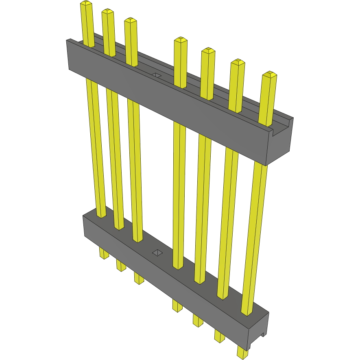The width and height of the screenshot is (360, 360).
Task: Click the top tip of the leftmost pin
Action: (x=86, y=4)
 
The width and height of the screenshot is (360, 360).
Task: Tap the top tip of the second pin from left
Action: (x=107, y=12)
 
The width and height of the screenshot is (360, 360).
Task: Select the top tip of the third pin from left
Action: (x=130, y=21)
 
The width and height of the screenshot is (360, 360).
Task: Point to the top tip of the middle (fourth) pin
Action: (x=180, y=40)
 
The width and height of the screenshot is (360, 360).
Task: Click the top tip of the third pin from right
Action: (x=208, y=51)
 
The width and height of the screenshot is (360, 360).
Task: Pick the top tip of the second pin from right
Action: (x=238, y=63)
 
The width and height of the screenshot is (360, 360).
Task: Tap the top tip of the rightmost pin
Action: (x=269, y=75)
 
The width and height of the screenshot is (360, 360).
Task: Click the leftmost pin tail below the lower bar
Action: (x=104, y=254)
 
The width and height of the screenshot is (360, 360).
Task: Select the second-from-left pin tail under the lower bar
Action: (x=121, y=266)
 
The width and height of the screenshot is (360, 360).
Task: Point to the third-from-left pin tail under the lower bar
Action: (x=139, y=278)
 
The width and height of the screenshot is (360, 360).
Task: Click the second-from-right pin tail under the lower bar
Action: (x=219, y=336)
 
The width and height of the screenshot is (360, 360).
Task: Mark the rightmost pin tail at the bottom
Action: (x=242, y=352)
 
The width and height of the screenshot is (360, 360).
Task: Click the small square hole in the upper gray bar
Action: (x=157, y=76)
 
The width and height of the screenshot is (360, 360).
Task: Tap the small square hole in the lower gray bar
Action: (x=157, y=253)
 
